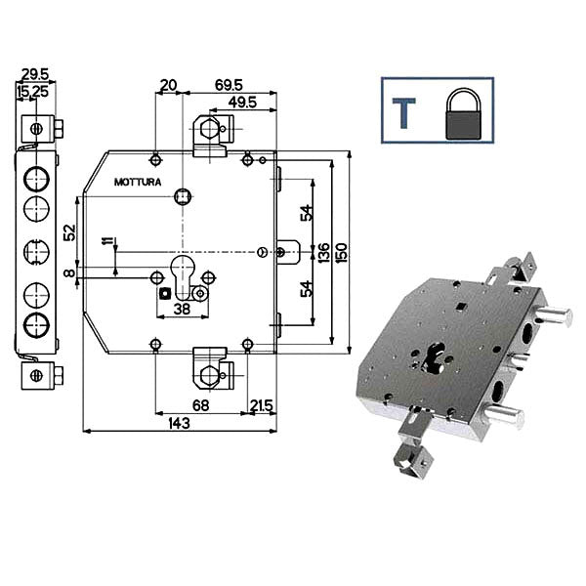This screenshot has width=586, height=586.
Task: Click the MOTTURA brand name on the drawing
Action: (x=138, y=182)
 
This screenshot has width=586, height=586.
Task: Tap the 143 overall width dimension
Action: (x=180, y=424)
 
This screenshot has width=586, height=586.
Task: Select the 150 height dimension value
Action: (x=341, y=252)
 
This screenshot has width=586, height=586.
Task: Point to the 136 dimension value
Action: (x=323, y=252)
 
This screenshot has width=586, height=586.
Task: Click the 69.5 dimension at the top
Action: (x=229, y=85)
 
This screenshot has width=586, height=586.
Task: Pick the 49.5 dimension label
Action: (x=242, y=102)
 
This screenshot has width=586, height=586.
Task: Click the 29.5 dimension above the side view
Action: (x=35, y=74)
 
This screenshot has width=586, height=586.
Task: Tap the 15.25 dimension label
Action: (x=32, y=91)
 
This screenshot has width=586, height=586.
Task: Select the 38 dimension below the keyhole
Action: (x=183, y=309)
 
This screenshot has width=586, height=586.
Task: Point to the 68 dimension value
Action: (x=200, y=405)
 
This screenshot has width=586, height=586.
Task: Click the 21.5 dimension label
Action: (x=262, y=405)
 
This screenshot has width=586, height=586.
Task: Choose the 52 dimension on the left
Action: (x=70, y=232)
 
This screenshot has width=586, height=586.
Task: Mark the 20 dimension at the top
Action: (x=168, y=85)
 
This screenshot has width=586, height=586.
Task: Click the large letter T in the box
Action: (x=403, y=113)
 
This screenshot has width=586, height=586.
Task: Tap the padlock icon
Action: (x=463, y=114)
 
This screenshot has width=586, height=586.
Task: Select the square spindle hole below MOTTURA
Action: (x=183, y=196)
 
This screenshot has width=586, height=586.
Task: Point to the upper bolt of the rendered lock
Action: (x=553, y=315)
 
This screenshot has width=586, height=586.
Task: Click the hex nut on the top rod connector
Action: (x=209, y=129)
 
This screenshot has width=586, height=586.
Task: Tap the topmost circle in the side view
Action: (x=37, y=179)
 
